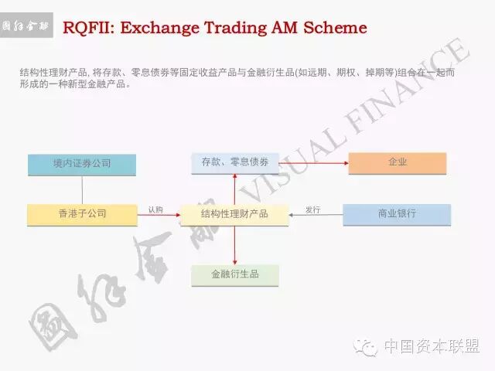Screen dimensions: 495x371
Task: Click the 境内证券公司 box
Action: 82,164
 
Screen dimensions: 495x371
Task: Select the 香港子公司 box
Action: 82,213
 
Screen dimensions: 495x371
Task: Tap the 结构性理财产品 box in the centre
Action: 234,214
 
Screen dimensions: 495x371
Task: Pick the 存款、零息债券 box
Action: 234,163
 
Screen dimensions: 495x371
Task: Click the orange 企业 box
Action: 398,163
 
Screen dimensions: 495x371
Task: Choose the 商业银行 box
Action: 397,213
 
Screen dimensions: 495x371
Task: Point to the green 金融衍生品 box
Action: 235,274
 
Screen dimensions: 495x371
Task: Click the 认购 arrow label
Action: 155,209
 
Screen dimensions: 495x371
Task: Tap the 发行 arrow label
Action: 312,209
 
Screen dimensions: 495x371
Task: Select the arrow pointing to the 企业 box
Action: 313,163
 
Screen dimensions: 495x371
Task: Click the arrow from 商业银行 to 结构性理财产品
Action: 316,215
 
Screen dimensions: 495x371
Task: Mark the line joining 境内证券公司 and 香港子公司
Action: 82,189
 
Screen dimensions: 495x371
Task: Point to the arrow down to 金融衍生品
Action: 234,246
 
